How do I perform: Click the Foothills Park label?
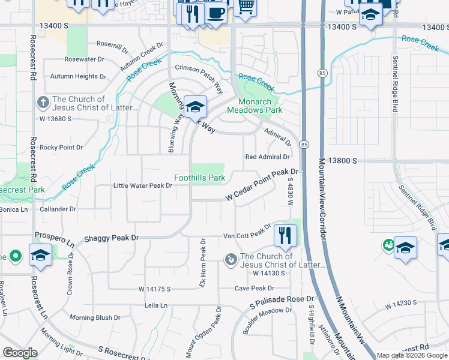[x=199, y=178]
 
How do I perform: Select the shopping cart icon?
[x=245, y=7]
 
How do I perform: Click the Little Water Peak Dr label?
[x=143, y=186]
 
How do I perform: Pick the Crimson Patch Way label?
[x=199, y=79]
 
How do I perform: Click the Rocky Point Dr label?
[x=61, y=147]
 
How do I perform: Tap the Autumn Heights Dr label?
[x=78, y=77]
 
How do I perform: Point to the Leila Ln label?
[x=155, y=305]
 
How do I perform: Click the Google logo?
[x=20, y=353]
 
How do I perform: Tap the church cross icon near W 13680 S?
[x=43, y=103]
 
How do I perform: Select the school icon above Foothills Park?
[x=195, y=107]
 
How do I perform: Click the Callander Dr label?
[x=58, y=209]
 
